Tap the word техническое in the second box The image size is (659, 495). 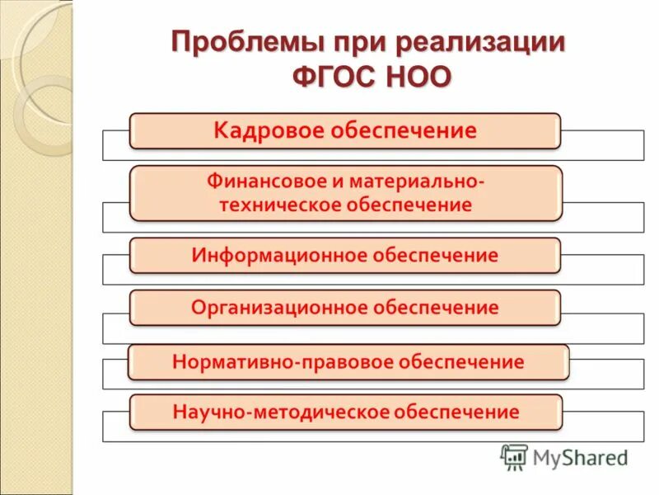click(273, 205)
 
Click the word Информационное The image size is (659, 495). click(278, 255)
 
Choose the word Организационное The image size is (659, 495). click(278, 308)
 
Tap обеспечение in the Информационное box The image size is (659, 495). click(434, 255)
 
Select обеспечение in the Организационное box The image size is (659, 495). click(434, 308)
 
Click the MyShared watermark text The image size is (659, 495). click(581, 457)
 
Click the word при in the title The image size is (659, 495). click(356, 43)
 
